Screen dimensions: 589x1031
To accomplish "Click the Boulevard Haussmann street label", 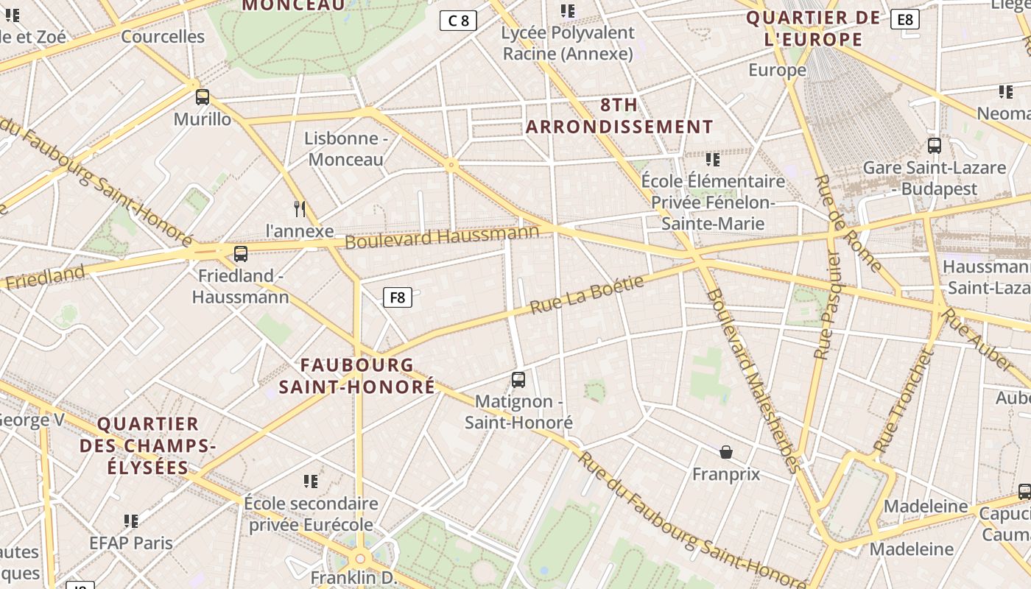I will [x=442, y=237].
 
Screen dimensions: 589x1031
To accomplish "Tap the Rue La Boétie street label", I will [x=587, y=295].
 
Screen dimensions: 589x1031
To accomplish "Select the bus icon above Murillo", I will [x=203, y=96].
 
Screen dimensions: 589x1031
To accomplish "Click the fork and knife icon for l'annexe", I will [x=300, y=209].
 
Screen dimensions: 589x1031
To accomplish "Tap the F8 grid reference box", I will [x=397, y=297].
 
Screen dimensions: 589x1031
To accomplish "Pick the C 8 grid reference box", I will [x=458, y=21].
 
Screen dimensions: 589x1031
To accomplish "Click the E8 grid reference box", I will [x=905, y=19].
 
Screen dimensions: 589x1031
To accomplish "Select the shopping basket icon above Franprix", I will [x=726, y=451].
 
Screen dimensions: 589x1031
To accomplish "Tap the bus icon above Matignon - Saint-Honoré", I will [x=518, y=380].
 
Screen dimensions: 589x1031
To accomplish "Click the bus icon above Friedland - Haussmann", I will [x=241, y=254].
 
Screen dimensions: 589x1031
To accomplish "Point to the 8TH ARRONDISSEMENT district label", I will [x=619, y=116].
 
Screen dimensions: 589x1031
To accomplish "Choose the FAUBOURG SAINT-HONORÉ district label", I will [x=357, y=375].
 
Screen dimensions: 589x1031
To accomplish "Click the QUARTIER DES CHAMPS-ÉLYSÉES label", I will [x=148, y=445].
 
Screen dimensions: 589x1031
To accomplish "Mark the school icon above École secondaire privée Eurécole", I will [x=311, y=482].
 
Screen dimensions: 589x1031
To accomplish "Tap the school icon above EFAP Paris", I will [x=131, y=521].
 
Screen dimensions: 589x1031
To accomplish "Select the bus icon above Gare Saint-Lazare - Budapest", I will [x=935, y=146].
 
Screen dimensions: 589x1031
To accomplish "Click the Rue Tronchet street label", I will [x=904, y=401].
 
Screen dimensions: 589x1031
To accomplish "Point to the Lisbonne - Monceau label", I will [x=346, y=149].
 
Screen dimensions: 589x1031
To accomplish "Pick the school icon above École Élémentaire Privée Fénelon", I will [x=712, y=159].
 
